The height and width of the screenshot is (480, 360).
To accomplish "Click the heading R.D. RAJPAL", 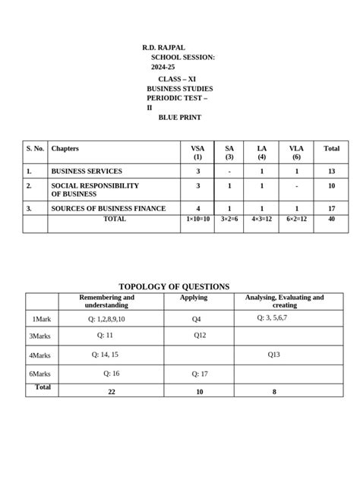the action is coord(163,47).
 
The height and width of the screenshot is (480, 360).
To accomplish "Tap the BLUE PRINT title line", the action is coord(180,117).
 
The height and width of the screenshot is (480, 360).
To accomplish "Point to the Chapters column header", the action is coord(65,149).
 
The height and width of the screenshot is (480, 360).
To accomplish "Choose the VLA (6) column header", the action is coord(296,153).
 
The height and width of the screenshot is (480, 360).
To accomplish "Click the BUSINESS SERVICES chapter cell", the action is coord(87,171).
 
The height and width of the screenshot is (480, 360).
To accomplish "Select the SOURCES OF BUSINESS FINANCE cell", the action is coord(108,208).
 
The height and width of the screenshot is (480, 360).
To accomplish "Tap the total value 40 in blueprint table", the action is coord(331,219).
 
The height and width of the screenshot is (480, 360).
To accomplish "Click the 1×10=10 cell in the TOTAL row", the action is coord(197,219).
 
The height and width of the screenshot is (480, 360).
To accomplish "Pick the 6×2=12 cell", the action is coord(296,219).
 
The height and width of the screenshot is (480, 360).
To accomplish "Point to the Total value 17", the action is coord(331,208).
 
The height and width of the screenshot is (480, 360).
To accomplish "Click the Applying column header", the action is coord(193,298).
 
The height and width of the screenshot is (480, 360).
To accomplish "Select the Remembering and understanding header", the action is coord(107,301).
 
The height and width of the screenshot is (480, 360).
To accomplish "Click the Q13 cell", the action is coord(274,355).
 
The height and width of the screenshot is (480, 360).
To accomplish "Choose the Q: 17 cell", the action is coord(200,374).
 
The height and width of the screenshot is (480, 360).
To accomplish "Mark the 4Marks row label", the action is coord(39,355).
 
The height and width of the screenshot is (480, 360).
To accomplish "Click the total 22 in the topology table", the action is coord(112,392).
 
